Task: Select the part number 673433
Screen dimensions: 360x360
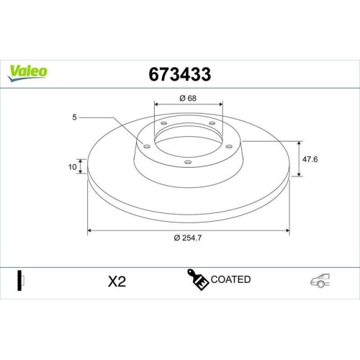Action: click(x=179, y=73)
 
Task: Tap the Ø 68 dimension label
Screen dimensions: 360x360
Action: click(x=188, y=98)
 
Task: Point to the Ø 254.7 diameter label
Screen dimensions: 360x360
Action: click(x=188, y=238)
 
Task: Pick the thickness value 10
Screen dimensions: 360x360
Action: click(x=73, y=166)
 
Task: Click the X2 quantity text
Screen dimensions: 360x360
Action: click(x=116, y=281)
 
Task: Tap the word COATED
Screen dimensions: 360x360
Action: click(x=231, y=279)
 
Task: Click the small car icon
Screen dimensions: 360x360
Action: click(x=320, y=281)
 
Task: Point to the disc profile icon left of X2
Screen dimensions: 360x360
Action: click(x=21, y=280)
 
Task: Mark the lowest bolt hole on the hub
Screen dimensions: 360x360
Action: click(x=188, y=163)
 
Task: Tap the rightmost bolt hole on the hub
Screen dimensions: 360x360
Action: click(x=230, y=146)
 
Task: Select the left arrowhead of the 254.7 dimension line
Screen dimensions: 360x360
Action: click(x=89, y=230)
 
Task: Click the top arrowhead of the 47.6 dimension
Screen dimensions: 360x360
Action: click(x=300, y=142)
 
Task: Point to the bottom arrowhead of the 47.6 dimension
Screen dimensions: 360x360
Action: click(x=300, y=175)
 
